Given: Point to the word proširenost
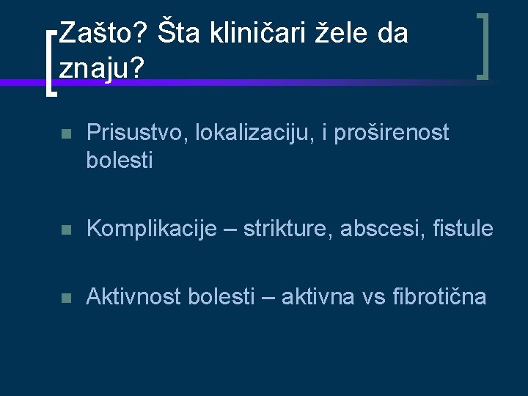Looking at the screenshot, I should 392,133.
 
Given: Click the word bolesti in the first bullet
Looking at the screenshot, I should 120,160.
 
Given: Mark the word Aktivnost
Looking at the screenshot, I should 134,296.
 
